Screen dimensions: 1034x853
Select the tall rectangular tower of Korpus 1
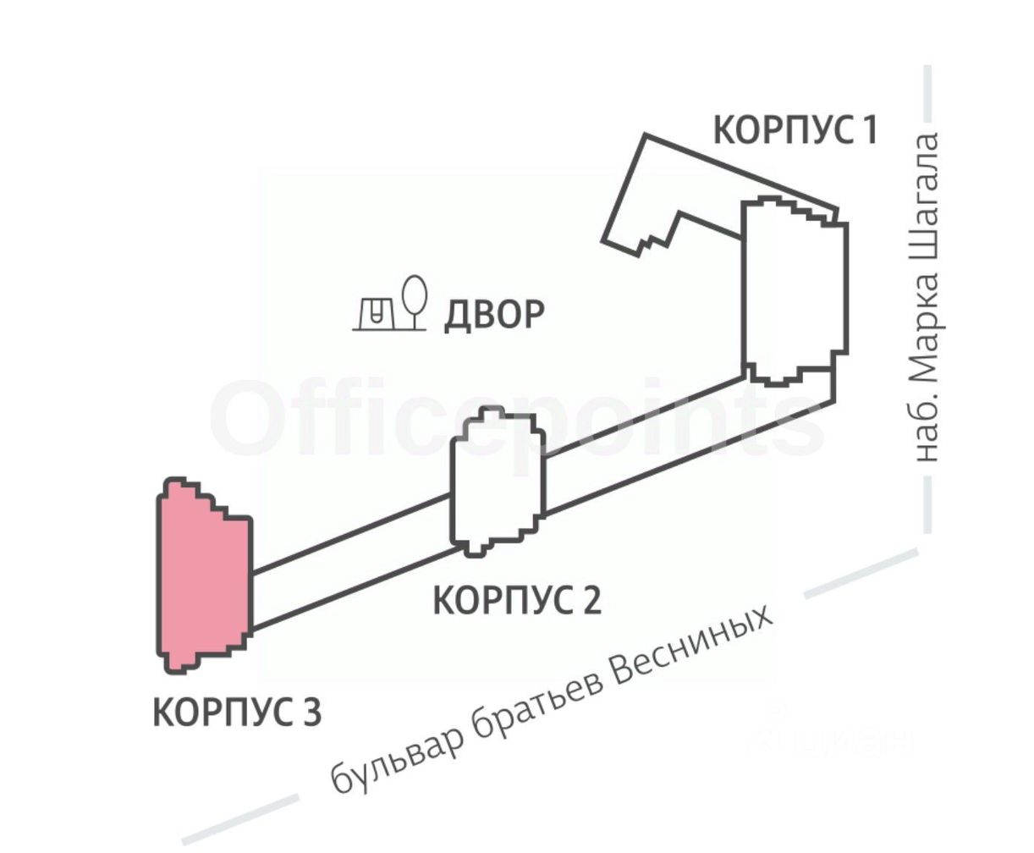pos(794,292)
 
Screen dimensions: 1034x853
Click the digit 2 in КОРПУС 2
pos(590,601)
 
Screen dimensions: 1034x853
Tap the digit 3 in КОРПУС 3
pos(311,712)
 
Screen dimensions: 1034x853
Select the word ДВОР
pos(494,314)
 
